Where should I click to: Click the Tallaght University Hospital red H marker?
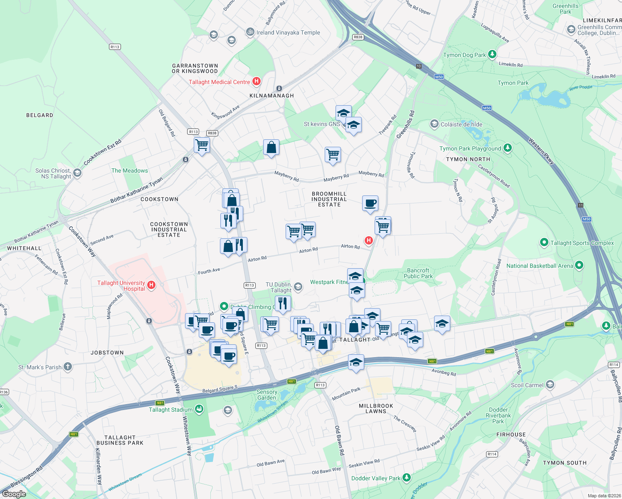[x=151, y=285]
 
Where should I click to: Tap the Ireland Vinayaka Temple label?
[x=288, y=32]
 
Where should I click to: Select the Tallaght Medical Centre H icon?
[x=257, y=82]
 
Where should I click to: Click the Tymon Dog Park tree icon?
[x=492, y=54]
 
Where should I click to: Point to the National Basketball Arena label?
[x=539, y=266]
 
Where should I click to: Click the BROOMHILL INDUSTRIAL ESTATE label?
[x=329, y=199]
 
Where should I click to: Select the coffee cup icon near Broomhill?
[x=370, y=203]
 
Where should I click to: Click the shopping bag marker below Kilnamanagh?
[x=271, y=147]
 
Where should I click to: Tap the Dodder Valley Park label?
[x=375, y=478]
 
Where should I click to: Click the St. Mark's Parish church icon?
[x=68, y=367]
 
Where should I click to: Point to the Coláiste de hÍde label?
[x=461, y=124]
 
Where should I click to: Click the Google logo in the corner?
[x=14, y=494]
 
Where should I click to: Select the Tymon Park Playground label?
[x=470, y=148]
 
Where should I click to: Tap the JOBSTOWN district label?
[x=107, y=353]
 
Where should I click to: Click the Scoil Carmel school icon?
[x=550, y=385]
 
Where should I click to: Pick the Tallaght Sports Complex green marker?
[x=544, y=242]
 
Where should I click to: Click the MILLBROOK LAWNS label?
[x=376, y=408]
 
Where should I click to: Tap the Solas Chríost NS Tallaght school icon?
[x=77, y=173]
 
